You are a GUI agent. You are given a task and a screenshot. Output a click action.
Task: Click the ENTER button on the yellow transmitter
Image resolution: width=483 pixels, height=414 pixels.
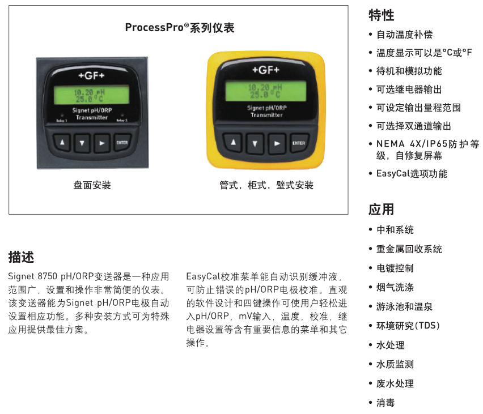pyautogui.click(x=299, y=143)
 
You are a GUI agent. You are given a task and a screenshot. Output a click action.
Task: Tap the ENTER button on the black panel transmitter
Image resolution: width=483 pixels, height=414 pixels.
pyautogui.click(x=122, y=143)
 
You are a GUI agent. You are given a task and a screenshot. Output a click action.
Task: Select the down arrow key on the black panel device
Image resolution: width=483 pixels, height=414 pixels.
pyautogui.click(x=82, y=143)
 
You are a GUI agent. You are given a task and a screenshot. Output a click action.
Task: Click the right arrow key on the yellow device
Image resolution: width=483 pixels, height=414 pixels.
pyautogui.click(x=277, y=143)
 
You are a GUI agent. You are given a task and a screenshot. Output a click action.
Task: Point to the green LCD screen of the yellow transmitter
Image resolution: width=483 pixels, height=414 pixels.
pyautogui.click(x=266, y=91)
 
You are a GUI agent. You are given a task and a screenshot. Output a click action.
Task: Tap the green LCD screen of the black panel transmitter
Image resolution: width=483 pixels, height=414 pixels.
pyautogui.click(x=91, y=95)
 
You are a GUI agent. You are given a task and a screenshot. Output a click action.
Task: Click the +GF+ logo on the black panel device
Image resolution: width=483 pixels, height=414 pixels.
pyautogui.click(x=91, y=76)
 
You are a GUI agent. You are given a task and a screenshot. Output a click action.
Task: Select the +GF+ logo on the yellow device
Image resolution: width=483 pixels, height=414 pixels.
pyautogui.click(x=266, y=70)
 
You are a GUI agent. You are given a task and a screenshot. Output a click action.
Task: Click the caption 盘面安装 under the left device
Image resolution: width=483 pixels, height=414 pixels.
pyautogui.click(x=92, y=185)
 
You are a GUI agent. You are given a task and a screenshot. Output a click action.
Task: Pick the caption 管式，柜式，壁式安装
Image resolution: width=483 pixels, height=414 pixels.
pyautogui.click(x=266, y=185)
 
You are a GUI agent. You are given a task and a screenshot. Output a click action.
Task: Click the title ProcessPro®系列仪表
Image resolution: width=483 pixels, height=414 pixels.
pyautogui.click(x=180, y=28)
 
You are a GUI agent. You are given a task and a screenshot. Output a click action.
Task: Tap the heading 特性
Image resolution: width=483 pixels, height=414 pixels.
pyautogui.click(x=381, y=15)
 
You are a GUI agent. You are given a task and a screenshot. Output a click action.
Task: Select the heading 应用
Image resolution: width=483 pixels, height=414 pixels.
pyautogui.click(x=381, y=210)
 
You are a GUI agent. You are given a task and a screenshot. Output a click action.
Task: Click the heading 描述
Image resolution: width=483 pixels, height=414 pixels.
pyautogui.click(x=21, y=257)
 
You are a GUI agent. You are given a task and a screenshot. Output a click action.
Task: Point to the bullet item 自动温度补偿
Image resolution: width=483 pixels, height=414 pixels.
pyautogui.click(x=404, y=35)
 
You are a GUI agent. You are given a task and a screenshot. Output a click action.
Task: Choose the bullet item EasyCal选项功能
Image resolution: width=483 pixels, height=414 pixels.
pyautogui.click(x=412, y=174)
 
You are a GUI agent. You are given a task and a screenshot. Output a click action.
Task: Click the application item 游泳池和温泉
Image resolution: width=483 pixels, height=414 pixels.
pyautogui.click(x=404, y=306)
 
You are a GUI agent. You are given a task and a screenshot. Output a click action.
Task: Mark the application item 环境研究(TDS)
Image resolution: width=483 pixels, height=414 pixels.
pyautogui.click(x=408, y=326)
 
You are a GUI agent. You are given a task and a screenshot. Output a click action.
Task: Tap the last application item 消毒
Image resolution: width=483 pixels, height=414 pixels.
pyautogui.click(x=385, y=403)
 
